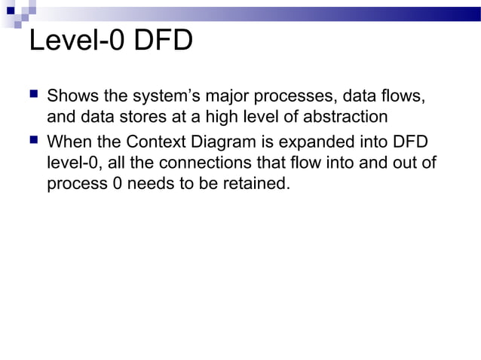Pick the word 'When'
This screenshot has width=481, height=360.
70,141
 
